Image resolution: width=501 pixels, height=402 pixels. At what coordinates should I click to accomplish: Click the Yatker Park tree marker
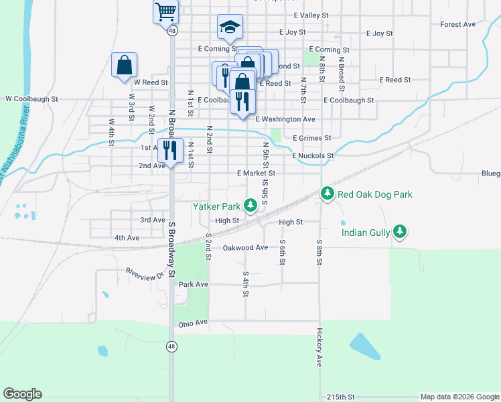[250, 205]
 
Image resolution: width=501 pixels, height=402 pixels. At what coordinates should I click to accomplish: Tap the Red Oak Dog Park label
[374, 194]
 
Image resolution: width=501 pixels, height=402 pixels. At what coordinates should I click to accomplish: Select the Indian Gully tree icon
[400, 232]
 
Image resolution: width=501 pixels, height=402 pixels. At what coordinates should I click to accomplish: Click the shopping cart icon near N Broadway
[165, 11]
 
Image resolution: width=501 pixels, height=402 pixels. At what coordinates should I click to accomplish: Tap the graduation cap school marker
[230, 27]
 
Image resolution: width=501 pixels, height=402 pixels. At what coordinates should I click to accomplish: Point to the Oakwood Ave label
[245, 247]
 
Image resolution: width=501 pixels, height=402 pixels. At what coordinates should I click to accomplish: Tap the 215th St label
[341, 397]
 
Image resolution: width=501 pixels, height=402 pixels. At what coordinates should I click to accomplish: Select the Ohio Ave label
[193, 324]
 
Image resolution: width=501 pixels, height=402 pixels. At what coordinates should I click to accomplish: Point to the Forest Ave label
[458, 24]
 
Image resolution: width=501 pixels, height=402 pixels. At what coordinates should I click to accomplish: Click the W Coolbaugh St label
[31, 98]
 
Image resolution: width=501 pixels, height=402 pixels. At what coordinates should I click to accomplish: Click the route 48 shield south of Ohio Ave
[172, 346]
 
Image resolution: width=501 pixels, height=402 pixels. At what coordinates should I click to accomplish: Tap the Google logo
[22, 394]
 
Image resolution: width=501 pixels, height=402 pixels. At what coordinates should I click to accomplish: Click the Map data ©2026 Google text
[459, 397]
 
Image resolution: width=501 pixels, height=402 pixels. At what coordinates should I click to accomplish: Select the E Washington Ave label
[286, 119]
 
